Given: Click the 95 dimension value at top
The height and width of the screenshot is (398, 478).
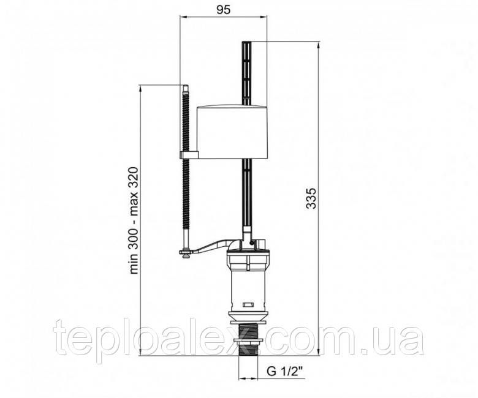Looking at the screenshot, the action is [224, 10].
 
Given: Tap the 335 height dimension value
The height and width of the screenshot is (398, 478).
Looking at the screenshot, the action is [311, 198].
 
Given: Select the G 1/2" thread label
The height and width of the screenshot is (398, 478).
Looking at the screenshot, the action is [285, 371].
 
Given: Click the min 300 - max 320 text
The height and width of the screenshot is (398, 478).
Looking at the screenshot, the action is [134, 220].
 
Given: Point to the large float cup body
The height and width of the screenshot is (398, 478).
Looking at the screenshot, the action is [232, 132].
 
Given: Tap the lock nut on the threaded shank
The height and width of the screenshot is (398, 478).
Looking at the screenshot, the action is [248, 341].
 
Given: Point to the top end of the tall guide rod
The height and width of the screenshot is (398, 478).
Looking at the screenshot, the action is [248, 42].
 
